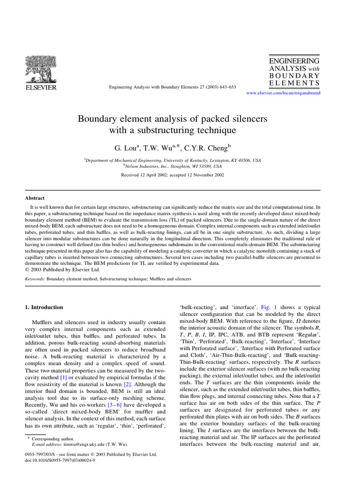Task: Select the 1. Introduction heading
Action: tap(43, 307)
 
